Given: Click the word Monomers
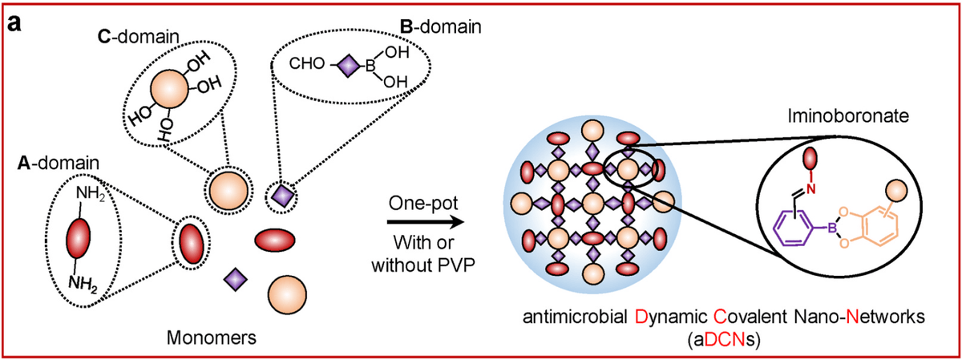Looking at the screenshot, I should coord(212,338).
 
